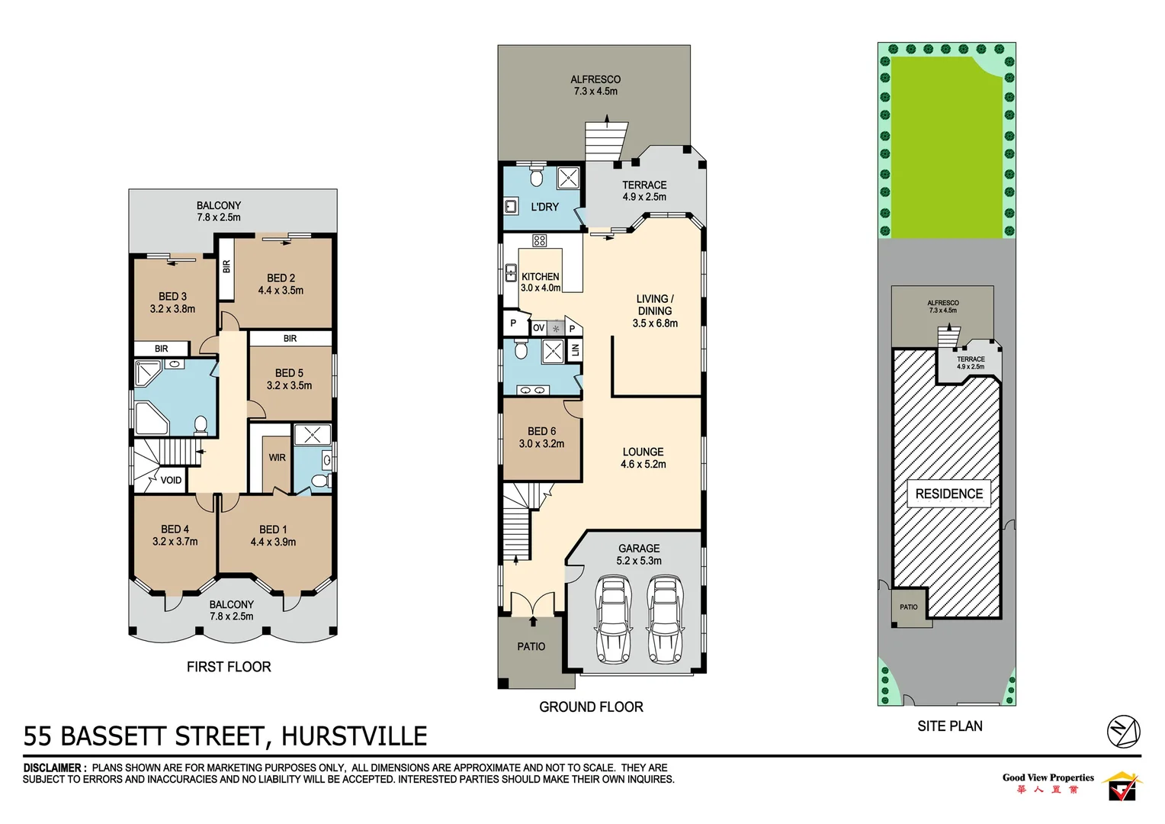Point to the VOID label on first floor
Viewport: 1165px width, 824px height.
point(171,480)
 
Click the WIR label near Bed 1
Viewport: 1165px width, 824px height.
point(277,458)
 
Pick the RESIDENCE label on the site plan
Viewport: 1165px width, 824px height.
point(948,494)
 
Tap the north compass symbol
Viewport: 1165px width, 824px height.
point(1123,732)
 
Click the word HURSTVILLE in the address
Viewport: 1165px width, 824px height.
point(354,736)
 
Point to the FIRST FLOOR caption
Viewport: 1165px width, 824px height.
point(229,667)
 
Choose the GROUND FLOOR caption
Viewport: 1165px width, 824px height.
point(591,707)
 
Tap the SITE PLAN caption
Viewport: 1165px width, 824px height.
point(949,726)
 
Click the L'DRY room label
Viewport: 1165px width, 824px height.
point(544,207)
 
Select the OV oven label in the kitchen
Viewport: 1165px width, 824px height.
point(538,328)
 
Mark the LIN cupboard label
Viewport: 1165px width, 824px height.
point(575,350)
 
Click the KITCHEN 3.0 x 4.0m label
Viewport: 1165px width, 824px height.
point(541,282)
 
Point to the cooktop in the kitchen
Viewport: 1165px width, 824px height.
point(540,240)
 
